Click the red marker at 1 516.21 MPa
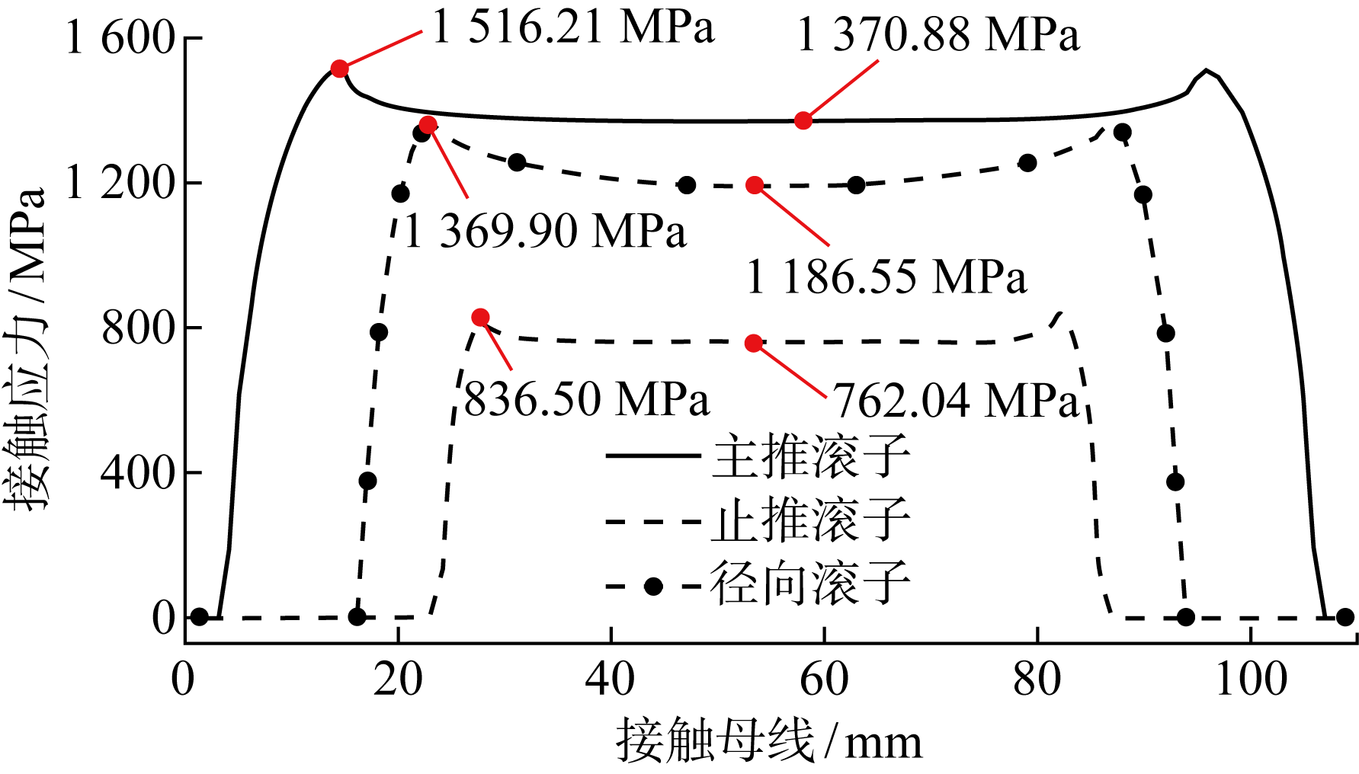pos(340,69)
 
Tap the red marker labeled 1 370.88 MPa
pos(803,120)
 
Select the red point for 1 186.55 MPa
pos(755,185)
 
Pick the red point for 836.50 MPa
pos(480,317)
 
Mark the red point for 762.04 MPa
pos(754,344)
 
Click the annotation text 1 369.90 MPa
pos(545,232)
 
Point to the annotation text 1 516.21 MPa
pos(573,27)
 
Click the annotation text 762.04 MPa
pos(957,400)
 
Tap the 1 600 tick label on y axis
pos(121,38)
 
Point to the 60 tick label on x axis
pos(824,679)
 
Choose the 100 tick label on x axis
pos(1251,679)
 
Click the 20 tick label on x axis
pos(397,679)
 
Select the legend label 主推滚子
pos(811,457)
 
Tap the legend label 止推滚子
pos(811,521)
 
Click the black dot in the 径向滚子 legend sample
pos(653,586)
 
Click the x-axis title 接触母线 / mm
pos(769,741)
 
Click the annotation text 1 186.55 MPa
pos(886,277)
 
